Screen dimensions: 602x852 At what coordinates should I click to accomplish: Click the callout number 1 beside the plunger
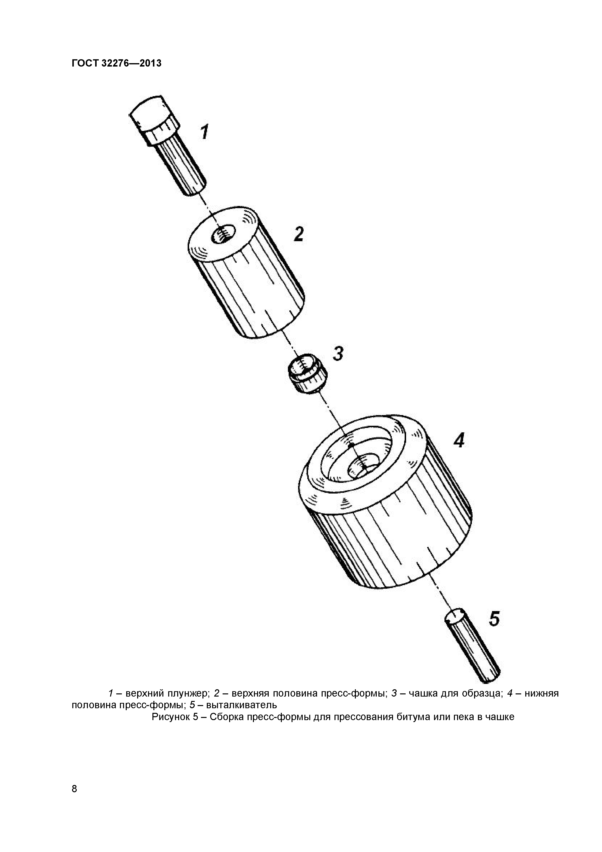pyautogui.click(x=205, y=132)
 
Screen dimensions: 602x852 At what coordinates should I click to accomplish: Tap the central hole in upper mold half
pyautogui.click(x=223, y=234)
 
